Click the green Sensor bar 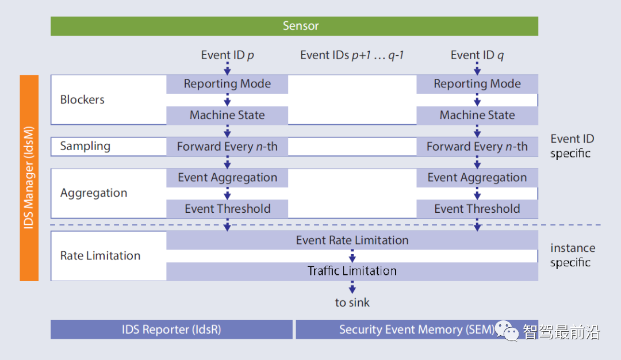(x=294, y=26)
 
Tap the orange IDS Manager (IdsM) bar (x=29, y=178)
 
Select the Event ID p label (x=227, y=55)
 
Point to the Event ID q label (x=477, y=55)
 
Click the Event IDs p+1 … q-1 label (x=352, y=55)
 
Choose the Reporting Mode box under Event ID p (x=227, y=84)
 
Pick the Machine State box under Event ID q (x=477, y=115)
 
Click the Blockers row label (x=82, y=99)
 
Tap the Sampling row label (x=85, y=146)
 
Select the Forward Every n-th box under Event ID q (x=477, y=147)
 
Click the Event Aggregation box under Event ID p (x=227, y=178)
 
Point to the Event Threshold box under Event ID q (x=477, y=209)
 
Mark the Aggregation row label (x=94, y=193)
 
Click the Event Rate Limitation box (x=352, y=240)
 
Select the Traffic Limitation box (x=352, y=271)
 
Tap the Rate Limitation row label (x=100, y=256)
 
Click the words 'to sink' (x=352, y=302)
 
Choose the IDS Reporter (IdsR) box (x=171, y=330)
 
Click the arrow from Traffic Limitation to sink (x=352, y=287)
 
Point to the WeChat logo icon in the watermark (x=507, y=331)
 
